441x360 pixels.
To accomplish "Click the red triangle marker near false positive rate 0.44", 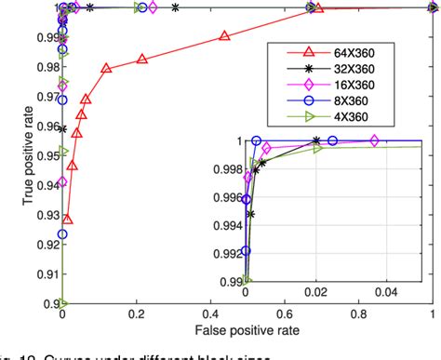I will click(x=225, y=36).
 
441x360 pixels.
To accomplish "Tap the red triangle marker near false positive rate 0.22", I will click(x=142, y=59).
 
